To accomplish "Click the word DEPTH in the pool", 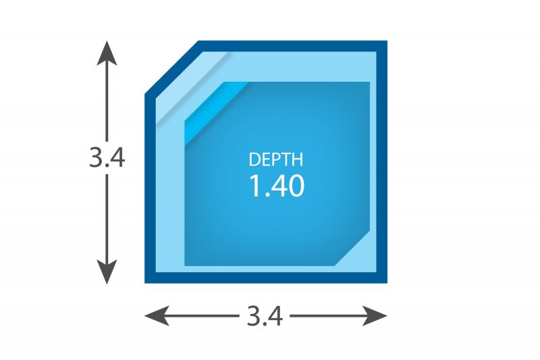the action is (276, 159).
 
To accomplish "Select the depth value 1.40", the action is (277, 186).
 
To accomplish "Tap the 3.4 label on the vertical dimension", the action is (107, 158).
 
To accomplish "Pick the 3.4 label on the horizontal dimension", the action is (265, 316).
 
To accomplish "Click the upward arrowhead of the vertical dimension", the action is (107, 53).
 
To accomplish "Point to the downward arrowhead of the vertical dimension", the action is (107, 272).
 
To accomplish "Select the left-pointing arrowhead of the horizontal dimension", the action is (157, 315).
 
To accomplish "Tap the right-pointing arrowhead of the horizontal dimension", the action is (375, 315).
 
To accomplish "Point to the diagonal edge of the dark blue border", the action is (172, 67).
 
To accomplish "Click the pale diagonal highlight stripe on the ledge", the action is (192, 88).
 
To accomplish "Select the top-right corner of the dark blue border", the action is (387, 41).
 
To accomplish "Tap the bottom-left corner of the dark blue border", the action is (144, 283).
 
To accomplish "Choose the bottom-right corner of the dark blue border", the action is (387, 283).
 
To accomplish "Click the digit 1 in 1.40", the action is (255, 186).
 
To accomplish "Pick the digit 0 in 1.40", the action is (296, 186).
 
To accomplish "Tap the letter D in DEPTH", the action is (254, 159).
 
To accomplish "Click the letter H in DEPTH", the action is (298, 159).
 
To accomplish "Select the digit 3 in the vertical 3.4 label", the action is (96, 158).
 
